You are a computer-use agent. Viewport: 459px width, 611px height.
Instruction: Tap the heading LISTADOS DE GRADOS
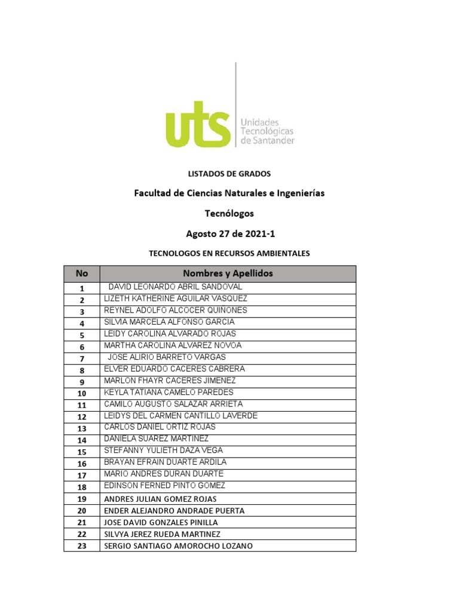coord(229,174)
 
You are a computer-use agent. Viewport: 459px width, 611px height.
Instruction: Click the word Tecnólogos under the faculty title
coord(229,214)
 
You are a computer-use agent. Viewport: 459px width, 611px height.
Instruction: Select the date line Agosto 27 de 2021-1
coord(229,234)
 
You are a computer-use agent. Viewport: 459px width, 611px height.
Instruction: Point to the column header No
coord(82,274)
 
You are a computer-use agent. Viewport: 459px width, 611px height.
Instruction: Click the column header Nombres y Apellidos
coord(228,274)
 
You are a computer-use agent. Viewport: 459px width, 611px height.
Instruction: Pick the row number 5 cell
coord(82,335)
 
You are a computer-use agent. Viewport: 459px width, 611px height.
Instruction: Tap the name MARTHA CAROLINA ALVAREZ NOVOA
coord(173,345)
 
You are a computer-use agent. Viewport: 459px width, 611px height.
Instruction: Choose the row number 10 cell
coord(82,393)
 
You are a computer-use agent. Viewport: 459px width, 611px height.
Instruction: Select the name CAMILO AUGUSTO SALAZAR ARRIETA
coord(173,404)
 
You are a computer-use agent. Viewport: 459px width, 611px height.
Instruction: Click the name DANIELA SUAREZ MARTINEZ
coord(157,439)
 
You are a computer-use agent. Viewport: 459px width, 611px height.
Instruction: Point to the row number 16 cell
coord(82,464)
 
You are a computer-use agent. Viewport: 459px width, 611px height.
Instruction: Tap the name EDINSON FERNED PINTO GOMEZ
coord(164,486)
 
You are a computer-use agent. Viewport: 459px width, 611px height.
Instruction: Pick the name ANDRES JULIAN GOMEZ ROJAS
coord(160,499)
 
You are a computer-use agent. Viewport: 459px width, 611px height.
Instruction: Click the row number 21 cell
coord(82,522)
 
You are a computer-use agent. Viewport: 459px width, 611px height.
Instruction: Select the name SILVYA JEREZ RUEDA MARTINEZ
coord(162,534)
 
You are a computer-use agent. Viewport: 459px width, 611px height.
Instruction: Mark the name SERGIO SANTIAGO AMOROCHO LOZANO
coord(178,546)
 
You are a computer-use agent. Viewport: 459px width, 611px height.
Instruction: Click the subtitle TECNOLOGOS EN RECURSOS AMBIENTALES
coord(229,254)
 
